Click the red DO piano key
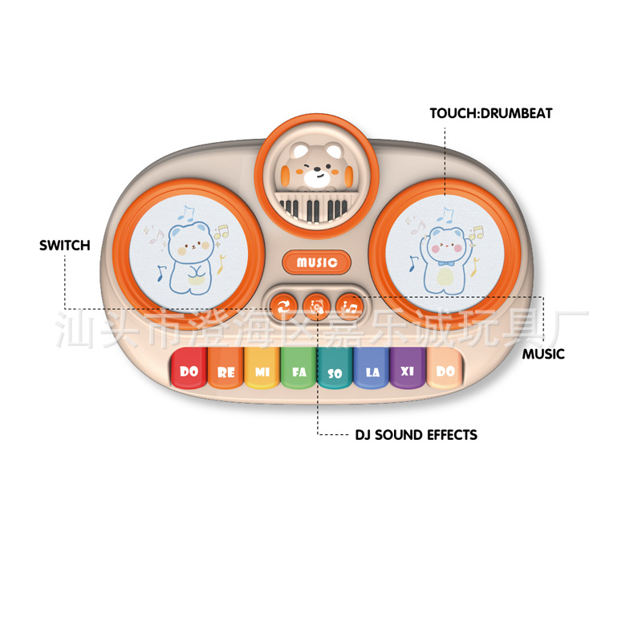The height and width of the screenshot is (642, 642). [189, 371]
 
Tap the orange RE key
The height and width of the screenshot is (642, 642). [226, 372]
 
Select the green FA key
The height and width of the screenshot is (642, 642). [299, 372]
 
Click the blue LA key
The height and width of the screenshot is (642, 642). [372, 372]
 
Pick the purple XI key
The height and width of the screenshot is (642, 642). [408, 372]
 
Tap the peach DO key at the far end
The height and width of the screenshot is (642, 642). [444, 371]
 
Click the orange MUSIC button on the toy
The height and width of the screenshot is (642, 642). [317, 262]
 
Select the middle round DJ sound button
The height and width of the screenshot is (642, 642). [317, 305]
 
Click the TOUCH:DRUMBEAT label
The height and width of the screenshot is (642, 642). [491, 113]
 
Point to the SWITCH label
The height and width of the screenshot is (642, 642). [65, 245]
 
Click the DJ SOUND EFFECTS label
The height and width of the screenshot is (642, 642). [416, 435]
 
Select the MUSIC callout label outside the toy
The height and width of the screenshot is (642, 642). [543, 354]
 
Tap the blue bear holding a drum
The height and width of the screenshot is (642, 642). [190, 250]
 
